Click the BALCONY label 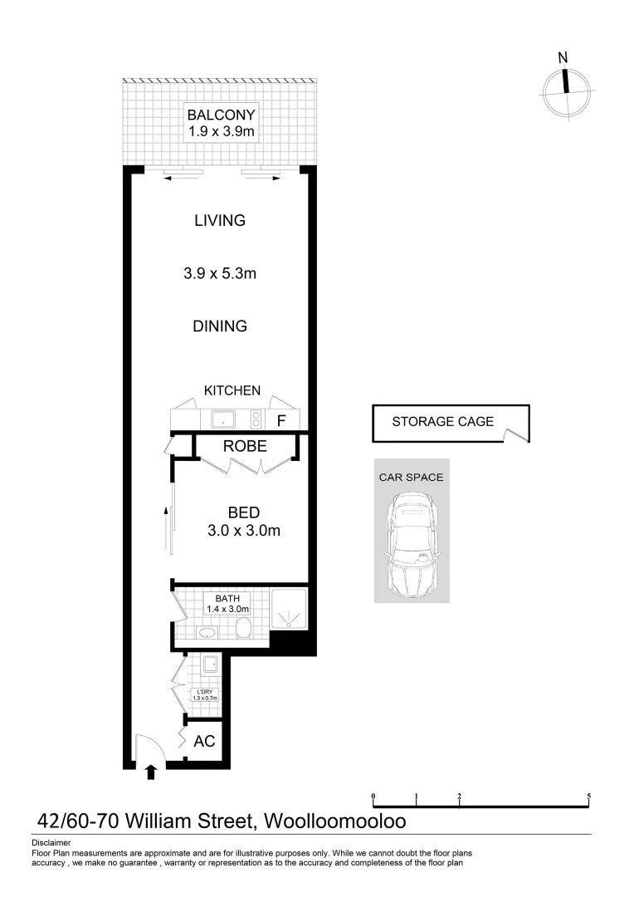click(x=221, y=115)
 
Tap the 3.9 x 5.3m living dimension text click(x=220, y=272)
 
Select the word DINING click(x=220, y=326)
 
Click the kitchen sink click(x=224, y=419)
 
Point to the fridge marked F click(x=281, y=420)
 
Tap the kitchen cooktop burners click(x=256, y=419)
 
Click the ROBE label click(x=245, y=446)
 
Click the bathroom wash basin click(x=207, y=634)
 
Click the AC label click(x=204, y=741)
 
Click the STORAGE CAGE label click(x=442, y=421)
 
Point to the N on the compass click(x=563, y=58)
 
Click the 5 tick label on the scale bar click(x=588, y=796)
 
